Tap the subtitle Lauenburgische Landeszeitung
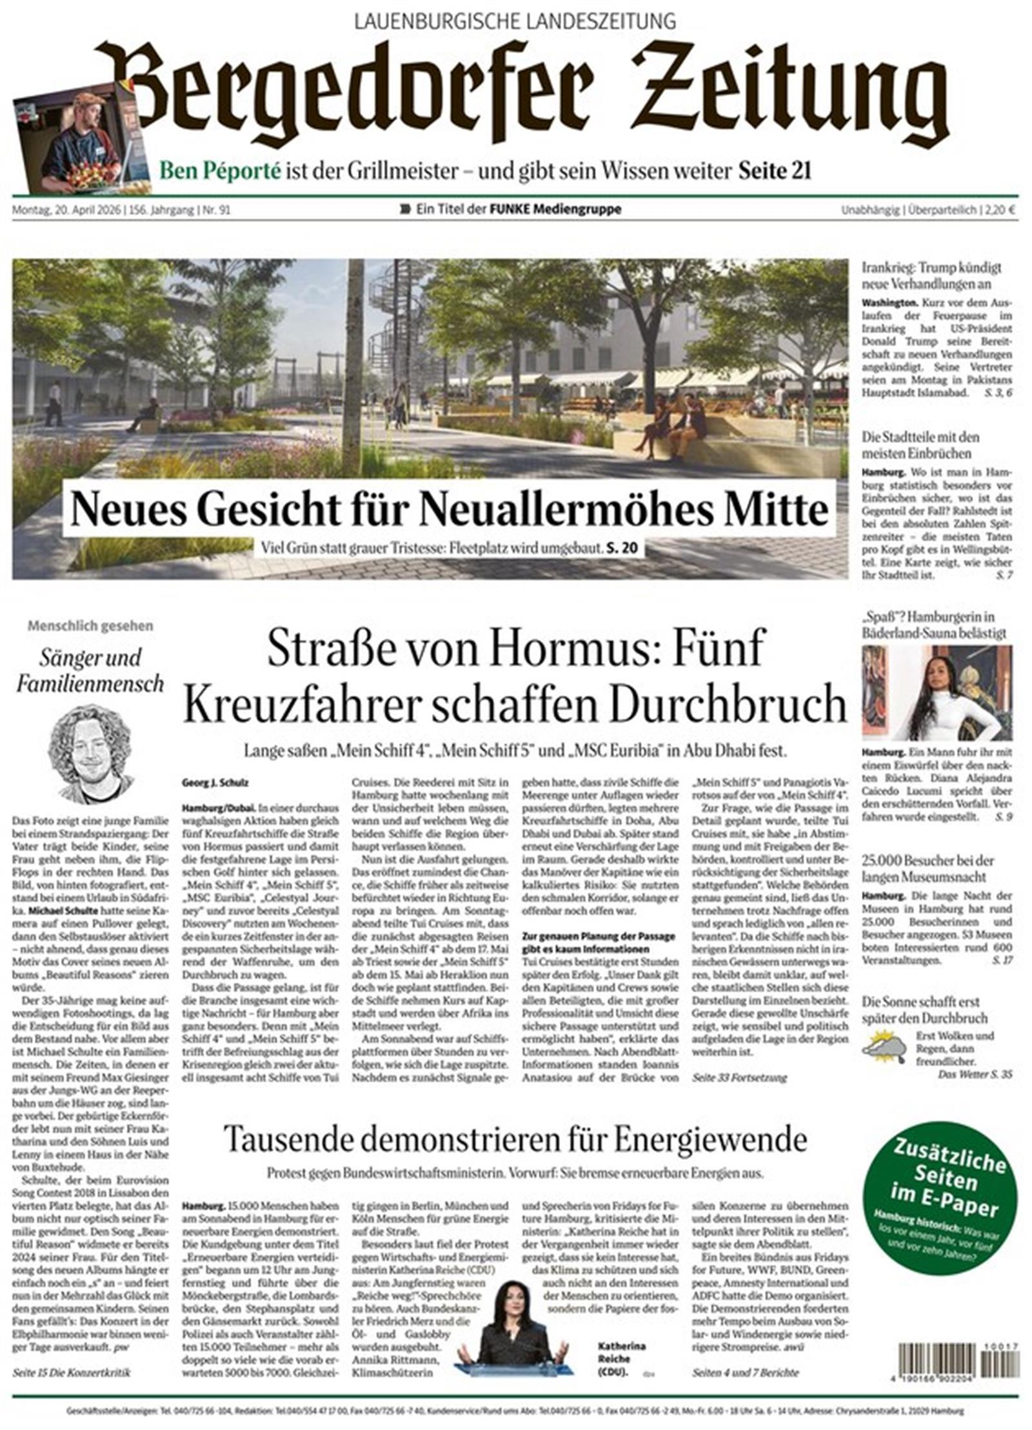click(515, 21)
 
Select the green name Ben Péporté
click(221, 171)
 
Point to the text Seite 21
click(774, 171)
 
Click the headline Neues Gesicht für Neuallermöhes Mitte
click(450, 510)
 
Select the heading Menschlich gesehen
click(90, 625)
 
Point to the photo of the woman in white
click(937, 693)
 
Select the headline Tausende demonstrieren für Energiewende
click(515, 1139)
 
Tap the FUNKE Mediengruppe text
click(555, 210)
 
